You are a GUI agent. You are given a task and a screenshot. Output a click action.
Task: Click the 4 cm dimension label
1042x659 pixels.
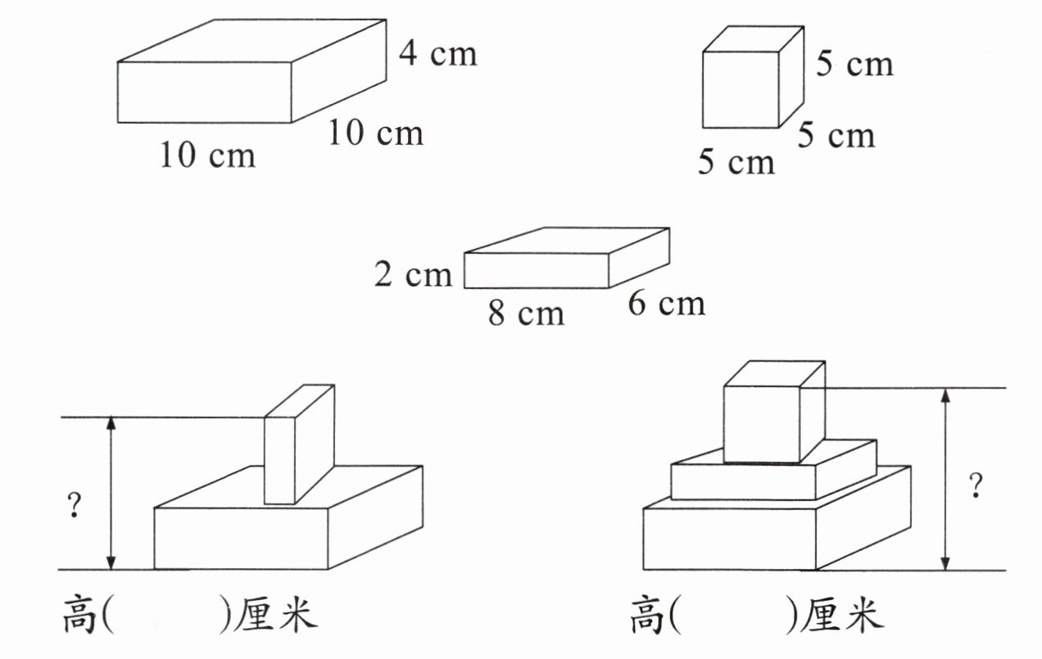point(437,54)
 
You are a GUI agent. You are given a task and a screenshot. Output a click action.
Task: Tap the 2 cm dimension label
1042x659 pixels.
point(413,275)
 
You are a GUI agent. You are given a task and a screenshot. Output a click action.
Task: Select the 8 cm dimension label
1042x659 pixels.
point(526,313)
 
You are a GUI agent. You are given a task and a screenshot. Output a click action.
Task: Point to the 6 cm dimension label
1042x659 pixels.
point(666,304)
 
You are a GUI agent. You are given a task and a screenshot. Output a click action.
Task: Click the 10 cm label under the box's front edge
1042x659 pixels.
point(207,154)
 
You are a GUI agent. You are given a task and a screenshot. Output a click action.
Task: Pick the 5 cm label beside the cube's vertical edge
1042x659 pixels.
point(854,64)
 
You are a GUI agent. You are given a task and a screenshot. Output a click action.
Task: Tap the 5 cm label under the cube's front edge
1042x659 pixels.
point(736,162)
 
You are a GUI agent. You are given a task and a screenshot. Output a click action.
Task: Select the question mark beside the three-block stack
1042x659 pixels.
point(975,486)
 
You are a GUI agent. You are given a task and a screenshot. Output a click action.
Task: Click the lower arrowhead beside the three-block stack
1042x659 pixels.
point(946,563)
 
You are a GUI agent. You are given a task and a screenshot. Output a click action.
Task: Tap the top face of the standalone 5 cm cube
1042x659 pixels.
point(752,39)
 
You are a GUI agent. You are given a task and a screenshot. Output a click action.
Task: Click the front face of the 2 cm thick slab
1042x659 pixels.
point(536,271)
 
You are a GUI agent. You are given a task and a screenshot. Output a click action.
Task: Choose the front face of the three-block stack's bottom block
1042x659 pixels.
point(729,539)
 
